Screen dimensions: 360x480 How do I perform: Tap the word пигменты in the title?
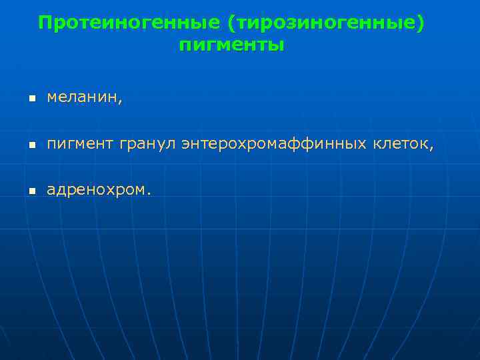point(231,46)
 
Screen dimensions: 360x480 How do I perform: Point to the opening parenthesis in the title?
point(231,24)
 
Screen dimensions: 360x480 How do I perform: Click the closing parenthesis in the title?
point(419,24)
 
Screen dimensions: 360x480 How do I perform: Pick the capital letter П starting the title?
point(45,23)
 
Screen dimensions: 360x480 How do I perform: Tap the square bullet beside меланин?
point(31,99)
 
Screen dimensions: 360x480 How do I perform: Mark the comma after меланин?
point(121,101)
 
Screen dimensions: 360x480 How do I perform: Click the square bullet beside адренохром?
point(31,191)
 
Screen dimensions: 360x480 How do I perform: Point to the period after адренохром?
point(149,194)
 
